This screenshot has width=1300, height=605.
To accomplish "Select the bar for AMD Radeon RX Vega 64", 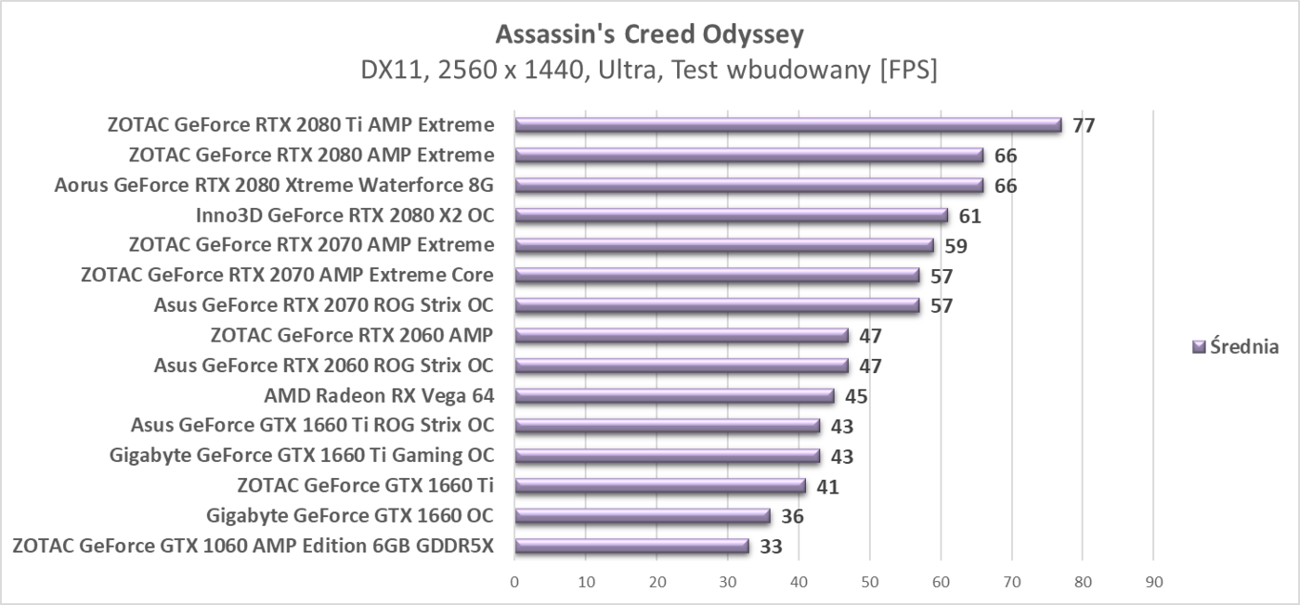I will pos(674,396).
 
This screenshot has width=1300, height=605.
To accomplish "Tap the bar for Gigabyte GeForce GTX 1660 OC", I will pos(643,516).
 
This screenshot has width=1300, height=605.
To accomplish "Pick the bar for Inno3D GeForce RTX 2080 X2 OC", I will pos(731,215).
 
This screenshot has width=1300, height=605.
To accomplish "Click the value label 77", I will pos(1084,125).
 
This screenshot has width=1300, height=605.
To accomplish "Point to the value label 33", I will pos(771,547).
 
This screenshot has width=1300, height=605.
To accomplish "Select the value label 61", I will pos(969,216).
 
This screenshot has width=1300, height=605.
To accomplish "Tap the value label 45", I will pos(856,397).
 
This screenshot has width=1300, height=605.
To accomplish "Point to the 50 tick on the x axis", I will pos(869,582).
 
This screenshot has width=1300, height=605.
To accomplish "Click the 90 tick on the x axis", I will pos(1153,582).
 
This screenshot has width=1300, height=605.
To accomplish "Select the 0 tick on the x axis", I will pos(514,582).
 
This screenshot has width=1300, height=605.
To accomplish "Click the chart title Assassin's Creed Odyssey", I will pos(649,35).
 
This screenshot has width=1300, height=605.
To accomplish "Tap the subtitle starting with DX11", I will pos(649,70).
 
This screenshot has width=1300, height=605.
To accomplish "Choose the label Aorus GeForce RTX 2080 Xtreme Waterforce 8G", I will pos(274,185).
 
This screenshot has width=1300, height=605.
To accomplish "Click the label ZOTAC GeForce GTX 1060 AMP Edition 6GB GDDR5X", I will pos(253,546).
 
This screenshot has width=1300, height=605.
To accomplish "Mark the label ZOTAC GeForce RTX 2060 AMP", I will pos(352,335).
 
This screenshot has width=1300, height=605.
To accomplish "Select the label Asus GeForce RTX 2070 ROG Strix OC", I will pos(323,305).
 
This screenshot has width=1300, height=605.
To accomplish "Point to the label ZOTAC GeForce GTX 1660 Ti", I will pos(365,485).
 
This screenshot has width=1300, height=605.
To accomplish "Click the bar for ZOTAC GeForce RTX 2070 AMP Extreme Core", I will pos(717,276).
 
